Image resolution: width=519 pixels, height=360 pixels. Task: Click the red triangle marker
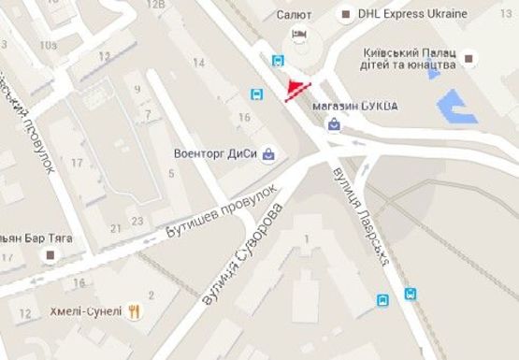coord(297,89)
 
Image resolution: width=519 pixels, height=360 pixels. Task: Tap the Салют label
coord(294,15)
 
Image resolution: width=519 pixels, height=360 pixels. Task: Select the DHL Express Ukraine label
coord(418,14)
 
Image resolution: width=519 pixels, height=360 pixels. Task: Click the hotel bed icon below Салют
coord(299,35)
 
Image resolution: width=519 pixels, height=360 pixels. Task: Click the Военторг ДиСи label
coord(216,153)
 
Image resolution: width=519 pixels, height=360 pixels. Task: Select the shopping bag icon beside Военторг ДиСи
coord(269,153)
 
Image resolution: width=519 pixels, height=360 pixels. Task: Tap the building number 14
coord(198,62)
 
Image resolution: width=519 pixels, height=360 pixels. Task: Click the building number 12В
coord(157,6)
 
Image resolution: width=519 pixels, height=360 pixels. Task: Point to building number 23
coord(137,221)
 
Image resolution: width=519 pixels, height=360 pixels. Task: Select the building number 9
coord(137,89)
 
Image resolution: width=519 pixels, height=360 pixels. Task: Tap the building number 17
coord(78,163)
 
